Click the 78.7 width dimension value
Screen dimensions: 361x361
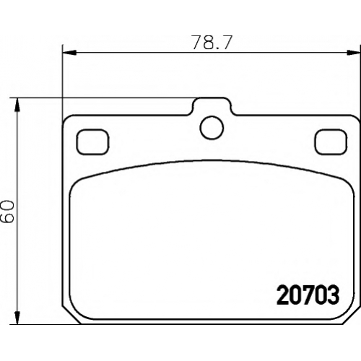click(212, 43)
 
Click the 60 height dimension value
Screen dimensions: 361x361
click(7, 212)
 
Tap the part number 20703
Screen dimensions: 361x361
click(308, 295)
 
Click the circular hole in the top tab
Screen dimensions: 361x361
click(212, 128)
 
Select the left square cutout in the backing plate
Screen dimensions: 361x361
click(92, 142)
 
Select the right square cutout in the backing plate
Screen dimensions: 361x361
click(331, 142)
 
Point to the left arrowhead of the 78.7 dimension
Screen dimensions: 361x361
click(69, 52)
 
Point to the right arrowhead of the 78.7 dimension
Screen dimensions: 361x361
click(354, 52)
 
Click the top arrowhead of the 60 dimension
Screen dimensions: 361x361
click(17, 105)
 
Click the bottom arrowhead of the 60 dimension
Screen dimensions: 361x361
click(17, 317)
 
